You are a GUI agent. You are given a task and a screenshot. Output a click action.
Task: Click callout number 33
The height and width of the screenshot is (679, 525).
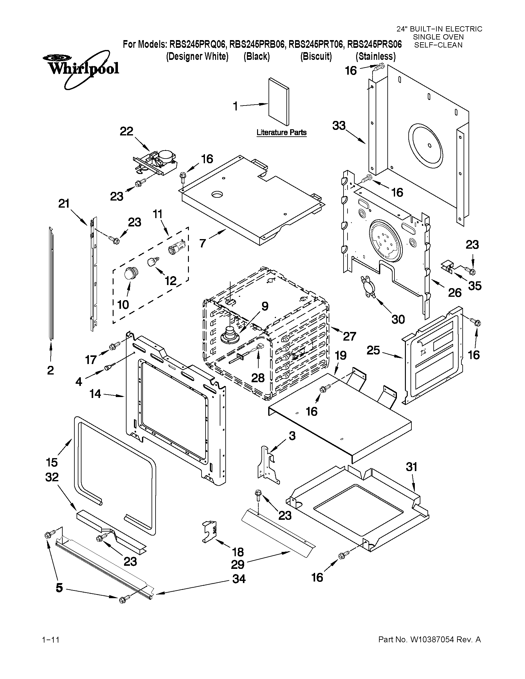point(339,126)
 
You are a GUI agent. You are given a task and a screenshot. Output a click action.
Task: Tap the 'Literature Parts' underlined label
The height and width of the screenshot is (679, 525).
point(281,133)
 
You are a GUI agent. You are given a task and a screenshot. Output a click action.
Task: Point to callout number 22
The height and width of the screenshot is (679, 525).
point(126,131)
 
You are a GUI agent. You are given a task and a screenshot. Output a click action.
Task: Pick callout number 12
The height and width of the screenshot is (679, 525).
point(171,281)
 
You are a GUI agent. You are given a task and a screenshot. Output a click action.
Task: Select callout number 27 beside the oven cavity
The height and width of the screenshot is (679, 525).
point(349,336)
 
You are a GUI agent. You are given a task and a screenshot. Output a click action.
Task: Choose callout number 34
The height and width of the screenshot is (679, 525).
point(239,579)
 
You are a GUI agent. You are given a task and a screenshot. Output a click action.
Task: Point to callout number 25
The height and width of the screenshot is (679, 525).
point(373,350)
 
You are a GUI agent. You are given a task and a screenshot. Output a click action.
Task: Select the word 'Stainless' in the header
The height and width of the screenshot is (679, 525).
point(376,56)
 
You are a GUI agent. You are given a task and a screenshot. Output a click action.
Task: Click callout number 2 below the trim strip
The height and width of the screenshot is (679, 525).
point(50,370)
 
